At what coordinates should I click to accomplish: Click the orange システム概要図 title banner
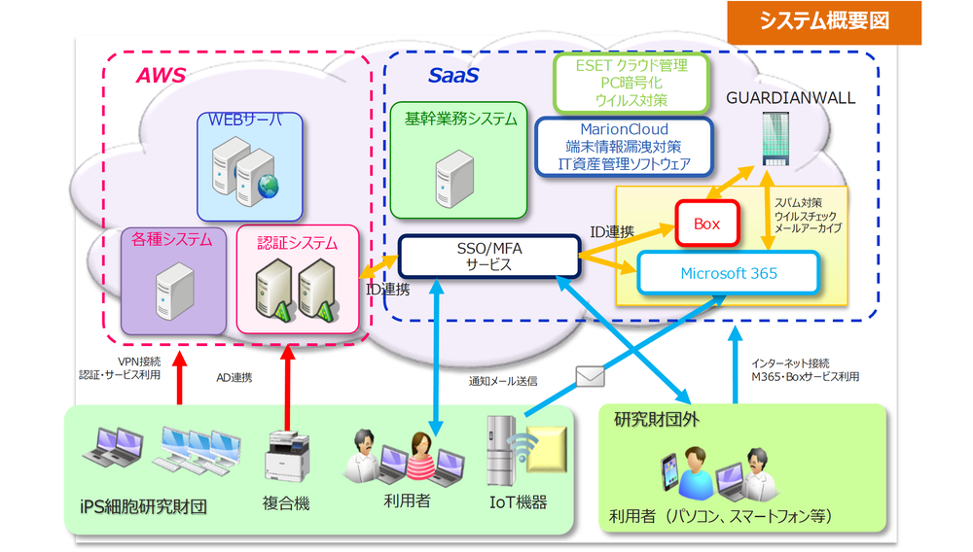(x=824, y=21)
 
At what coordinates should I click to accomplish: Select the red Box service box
(x=706, y=224)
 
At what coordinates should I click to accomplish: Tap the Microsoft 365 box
(x=729, y=273)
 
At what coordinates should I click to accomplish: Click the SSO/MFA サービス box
(x=488, y=257)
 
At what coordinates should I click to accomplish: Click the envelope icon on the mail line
(x=591, y=375)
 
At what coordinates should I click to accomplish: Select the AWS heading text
(x=160, y=75)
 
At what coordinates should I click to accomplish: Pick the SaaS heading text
(x=453, y=75)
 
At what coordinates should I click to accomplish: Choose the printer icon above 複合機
(x=285, y=456)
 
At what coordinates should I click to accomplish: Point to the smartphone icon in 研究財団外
(x=664, y=472)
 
